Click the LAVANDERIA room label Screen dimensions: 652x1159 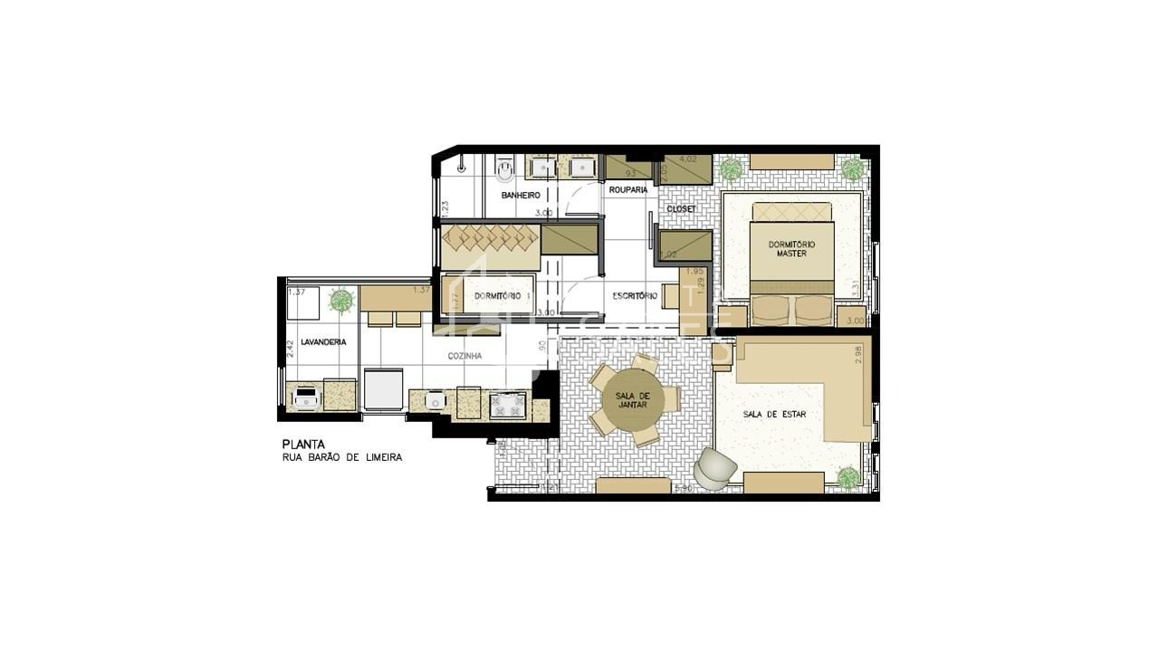point(323,341)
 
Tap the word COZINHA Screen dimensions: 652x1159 point(465,356)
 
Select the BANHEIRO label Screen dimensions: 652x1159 point(520,195)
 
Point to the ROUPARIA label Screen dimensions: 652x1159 point(627,189)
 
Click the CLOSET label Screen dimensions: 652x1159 point(681,208)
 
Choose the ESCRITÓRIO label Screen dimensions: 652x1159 point(634,295)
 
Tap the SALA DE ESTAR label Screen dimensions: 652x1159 point(774,414)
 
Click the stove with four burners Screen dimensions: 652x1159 point(508,404)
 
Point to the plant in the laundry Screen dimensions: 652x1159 point(340,300)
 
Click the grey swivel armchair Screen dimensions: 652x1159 point(716,469)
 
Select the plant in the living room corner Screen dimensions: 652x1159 point(848,477)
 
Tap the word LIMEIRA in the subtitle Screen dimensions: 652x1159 point(382,457)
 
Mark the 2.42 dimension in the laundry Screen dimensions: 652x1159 point(291,349)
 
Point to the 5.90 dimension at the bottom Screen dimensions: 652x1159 point(685,489)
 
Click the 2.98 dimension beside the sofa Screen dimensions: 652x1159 point(859,354)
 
